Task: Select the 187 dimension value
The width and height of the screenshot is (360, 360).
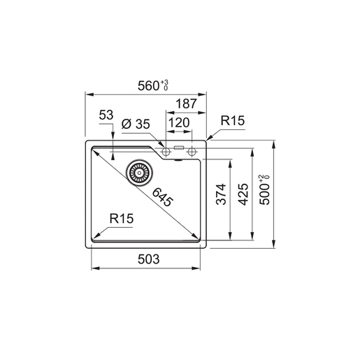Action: point(186,103)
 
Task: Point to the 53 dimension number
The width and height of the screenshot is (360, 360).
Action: point(106,114)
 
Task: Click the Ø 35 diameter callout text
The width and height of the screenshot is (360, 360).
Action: point(135,124)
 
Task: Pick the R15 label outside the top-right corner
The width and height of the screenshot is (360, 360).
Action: point(232,121)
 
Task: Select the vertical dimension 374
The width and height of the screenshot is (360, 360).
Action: point(221,198)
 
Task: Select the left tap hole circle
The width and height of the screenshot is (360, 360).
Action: point(166,151)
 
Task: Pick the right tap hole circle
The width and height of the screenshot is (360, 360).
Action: point(192,151)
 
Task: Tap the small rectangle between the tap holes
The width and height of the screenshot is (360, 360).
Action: point(179,148)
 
